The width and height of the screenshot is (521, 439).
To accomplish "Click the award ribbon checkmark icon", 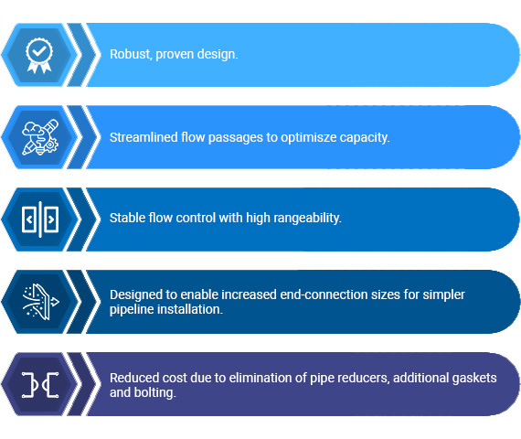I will coord(39,54).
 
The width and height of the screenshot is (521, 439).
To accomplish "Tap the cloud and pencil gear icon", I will coord(39,137).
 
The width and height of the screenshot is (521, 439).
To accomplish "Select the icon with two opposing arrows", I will coord(39,219).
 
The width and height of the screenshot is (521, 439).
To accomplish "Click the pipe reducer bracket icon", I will coord(39,384).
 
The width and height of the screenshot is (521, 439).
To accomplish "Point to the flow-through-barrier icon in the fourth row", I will coord(39,302).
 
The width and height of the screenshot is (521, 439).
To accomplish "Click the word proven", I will coord(177,55).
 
